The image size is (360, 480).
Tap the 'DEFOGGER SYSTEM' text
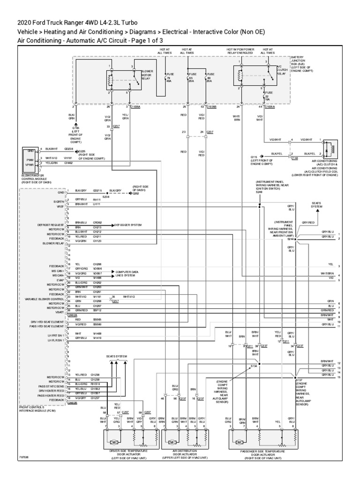(x=128, y=225)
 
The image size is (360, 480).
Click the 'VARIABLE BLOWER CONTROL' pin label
(x=45, y=299)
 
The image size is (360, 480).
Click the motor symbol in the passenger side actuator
(x=240, y=442)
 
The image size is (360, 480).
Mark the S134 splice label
(x=254, y=365)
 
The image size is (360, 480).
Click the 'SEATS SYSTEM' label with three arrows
(x=116, y=356)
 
